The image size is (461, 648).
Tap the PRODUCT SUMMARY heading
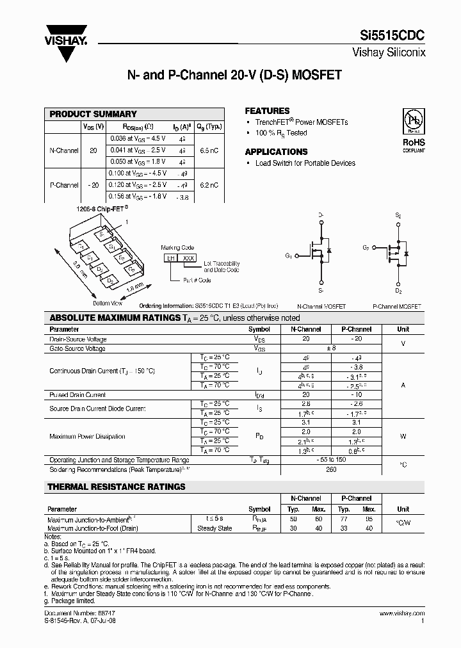[93, 114]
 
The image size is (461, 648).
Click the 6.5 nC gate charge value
[209, 150]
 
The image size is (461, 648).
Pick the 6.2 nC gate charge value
[209, 185]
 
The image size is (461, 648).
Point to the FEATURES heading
[267, 111]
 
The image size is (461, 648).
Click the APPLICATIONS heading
[276, 152]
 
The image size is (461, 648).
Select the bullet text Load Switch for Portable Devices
[305, 163]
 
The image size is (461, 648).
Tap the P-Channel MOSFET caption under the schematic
[397, 307]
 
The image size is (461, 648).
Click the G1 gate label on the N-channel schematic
[289, 256]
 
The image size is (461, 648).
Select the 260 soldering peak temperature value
[331, 469]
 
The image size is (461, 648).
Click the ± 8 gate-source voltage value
[331, 349]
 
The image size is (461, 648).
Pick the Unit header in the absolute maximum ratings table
[403, 329]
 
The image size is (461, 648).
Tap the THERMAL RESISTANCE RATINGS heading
[117, 487]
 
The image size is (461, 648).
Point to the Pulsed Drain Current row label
[77, 395]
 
